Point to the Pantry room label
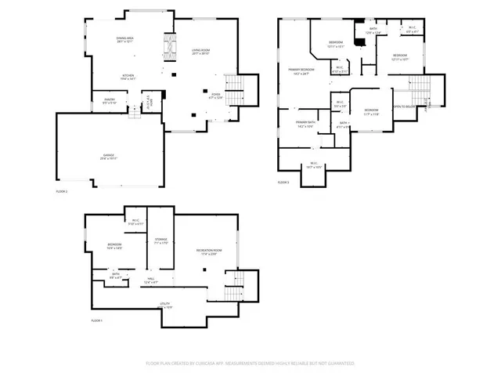110,101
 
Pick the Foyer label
217,97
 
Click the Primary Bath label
305,124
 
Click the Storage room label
161,240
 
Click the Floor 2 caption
62,191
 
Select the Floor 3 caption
283,182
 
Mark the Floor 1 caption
96,320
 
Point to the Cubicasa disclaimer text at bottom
250,363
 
